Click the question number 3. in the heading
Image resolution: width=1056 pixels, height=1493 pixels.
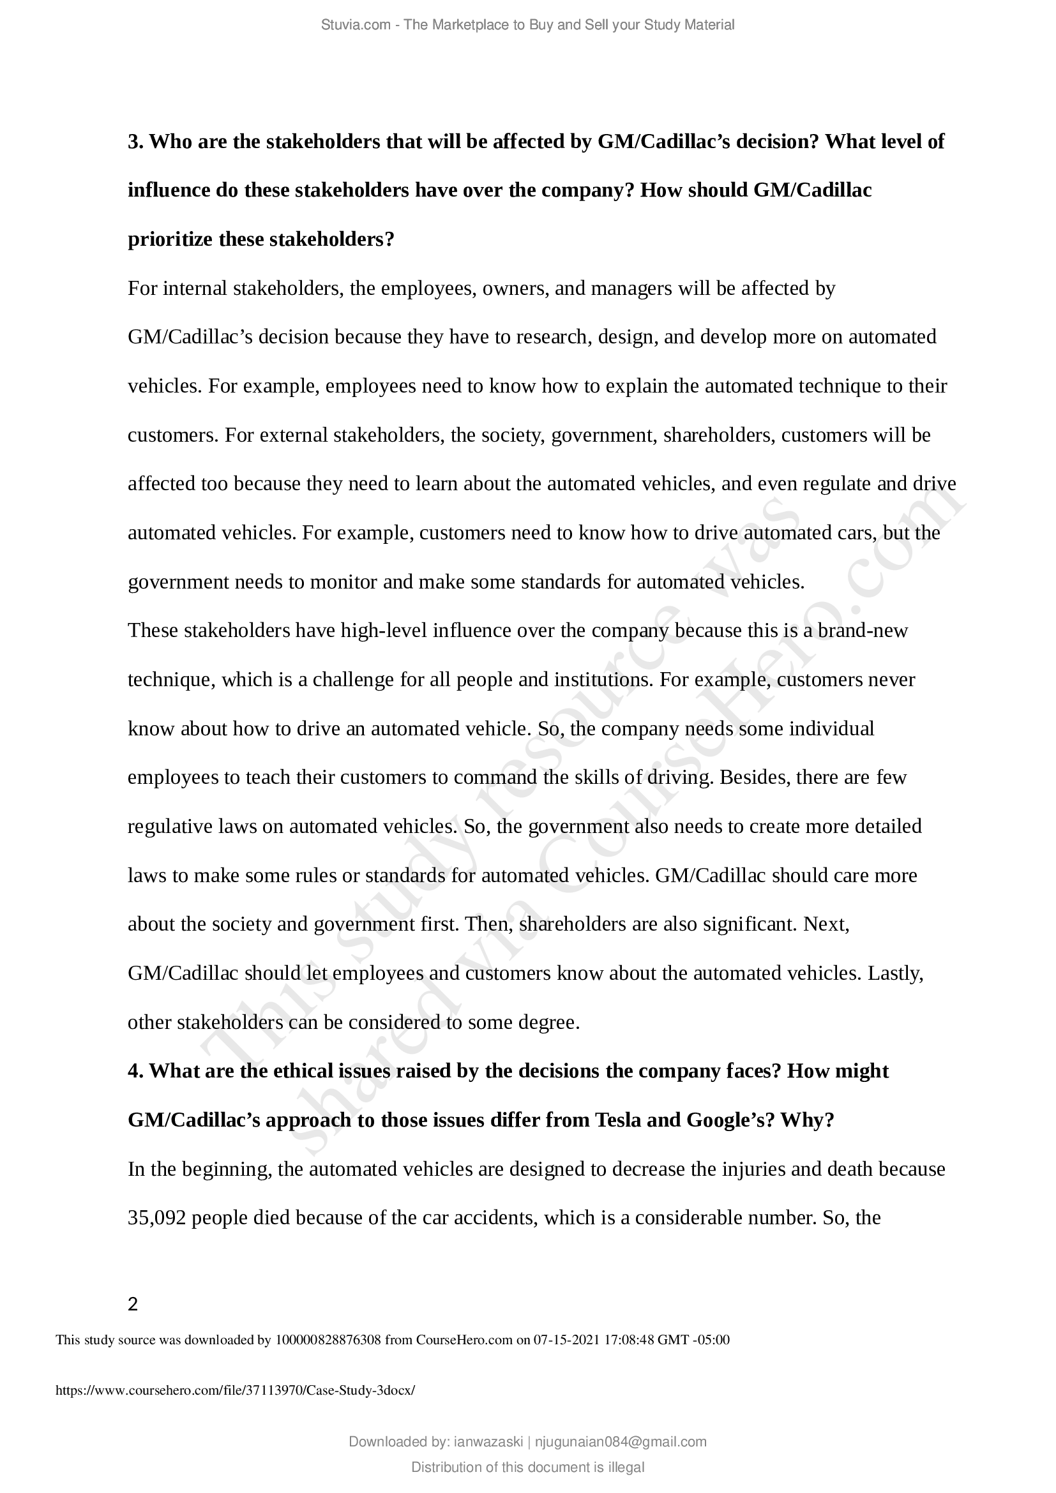[135, 142]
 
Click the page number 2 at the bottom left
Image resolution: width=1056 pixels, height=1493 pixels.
[133, 1305]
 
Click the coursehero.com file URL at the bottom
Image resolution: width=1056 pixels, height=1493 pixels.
[235, 1391]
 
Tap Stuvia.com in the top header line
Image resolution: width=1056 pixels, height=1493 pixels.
[356, 25]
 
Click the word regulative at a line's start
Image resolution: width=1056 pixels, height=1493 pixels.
[170, 827]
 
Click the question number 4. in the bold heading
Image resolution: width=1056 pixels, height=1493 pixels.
[135, 1071]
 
